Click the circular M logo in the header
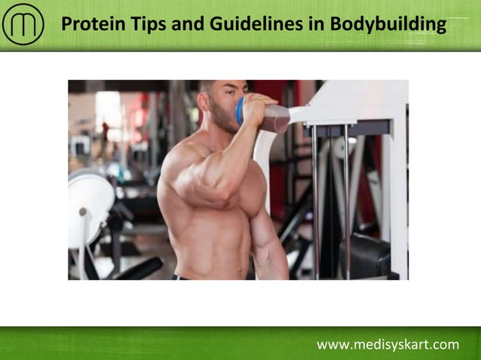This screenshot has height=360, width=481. click(x=23, y=25)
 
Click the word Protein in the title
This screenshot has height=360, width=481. click(x=90, y=25)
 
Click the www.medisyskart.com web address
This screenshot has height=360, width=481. click(x=388, y=345)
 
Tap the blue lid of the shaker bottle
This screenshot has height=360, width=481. click(x=240, y=111)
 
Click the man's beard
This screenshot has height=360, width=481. click(x=222, y=121)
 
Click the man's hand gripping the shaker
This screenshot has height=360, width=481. click(x=257, y=111)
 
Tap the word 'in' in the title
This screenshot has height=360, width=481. click(x=317, y=25)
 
